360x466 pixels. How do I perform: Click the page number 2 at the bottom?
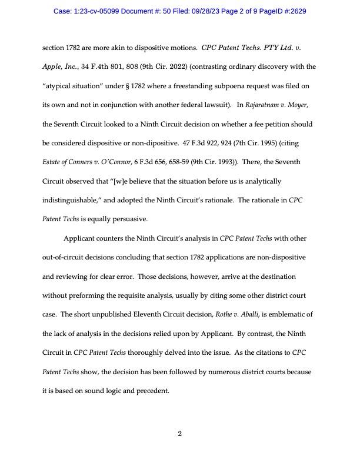[180, 434]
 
